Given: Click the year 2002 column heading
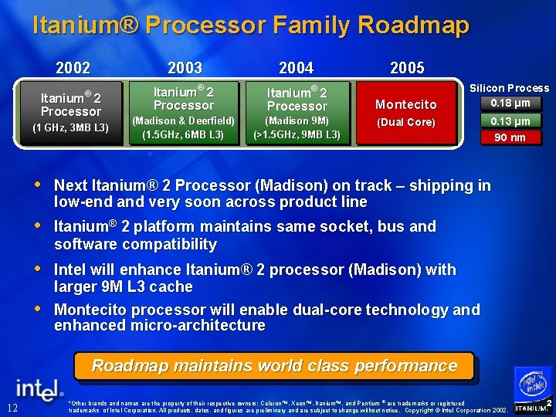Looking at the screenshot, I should pos(73,68).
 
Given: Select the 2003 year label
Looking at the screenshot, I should pos(185,68).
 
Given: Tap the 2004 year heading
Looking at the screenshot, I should pos(297,68).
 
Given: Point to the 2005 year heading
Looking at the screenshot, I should pos(407,68).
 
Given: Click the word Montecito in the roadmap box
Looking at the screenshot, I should pos(405,104).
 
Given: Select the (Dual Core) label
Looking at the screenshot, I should pos(405,122).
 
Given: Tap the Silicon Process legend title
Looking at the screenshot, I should pos(509,88).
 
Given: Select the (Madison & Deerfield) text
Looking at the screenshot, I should pos(183,120).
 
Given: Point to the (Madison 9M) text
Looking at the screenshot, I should pos(297,120).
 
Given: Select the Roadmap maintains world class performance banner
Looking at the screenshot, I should pos(274,366).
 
